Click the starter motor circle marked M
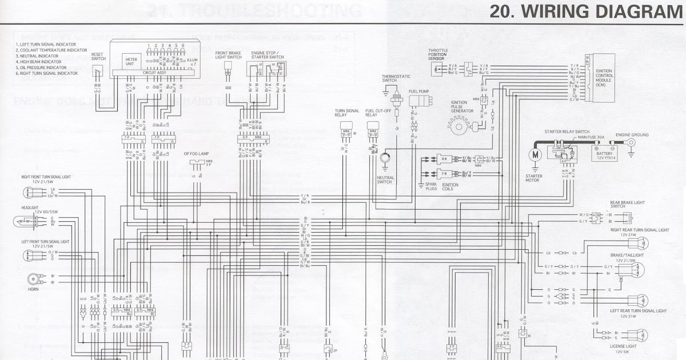tap(535, 154)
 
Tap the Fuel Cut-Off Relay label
tap(374, 113)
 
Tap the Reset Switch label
tap(98, 55)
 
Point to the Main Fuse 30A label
tap(591, 137)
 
